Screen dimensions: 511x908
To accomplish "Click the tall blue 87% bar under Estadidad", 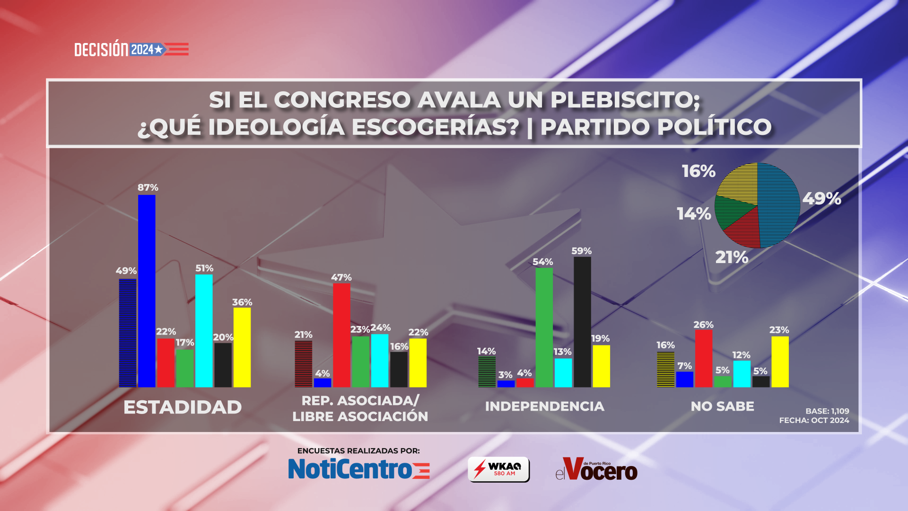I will tap(147, 291).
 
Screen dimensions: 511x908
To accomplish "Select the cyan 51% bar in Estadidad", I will tap(204, 331).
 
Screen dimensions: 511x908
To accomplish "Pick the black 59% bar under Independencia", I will tap(582, 322).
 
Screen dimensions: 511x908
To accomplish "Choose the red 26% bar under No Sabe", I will tap(703, 358).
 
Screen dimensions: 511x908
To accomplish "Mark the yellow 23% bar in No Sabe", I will tap(780, 361).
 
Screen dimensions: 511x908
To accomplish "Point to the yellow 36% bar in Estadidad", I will tap(242, 347).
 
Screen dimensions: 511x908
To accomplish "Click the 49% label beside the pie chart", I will tap(821, 198).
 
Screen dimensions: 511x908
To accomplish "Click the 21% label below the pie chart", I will tap(732, 257).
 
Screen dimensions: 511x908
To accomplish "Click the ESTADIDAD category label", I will tap(183, 407).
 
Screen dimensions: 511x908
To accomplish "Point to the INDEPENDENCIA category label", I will tap(544, 406).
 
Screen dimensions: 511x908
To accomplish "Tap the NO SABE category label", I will tap(722, 406).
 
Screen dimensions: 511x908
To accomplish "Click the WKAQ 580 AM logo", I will tap(498, 469).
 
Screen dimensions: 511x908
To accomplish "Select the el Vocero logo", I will tap(596, 469).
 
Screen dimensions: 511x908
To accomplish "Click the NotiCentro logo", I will tap(358, 469).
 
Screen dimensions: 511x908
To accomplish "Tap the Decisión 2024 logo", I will tap(131, 49).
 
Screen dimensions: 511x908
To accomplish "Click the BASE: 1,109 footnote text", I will tap(827, 411).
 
